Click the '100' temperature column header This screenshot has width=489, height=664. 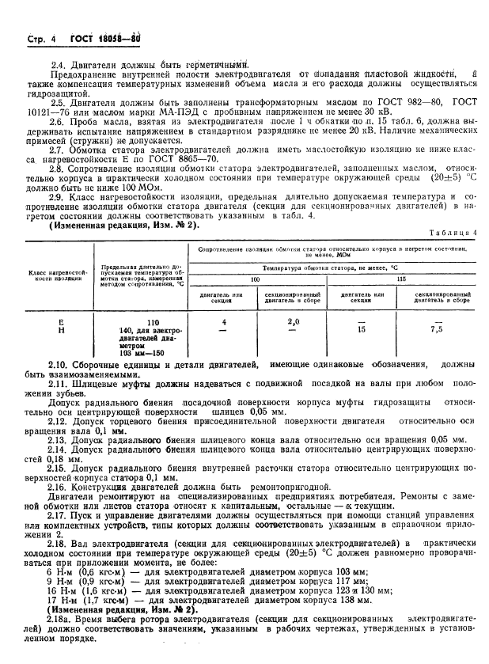pos(255,279)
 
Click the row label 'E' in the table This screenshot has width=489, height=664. pos(60,322)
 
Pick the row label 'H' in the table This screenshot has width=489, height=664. pos(60,331)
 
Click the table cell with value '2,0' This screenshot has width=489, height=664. pos(293,322)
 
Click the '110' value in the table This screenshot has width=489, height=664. pos(152,322)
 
